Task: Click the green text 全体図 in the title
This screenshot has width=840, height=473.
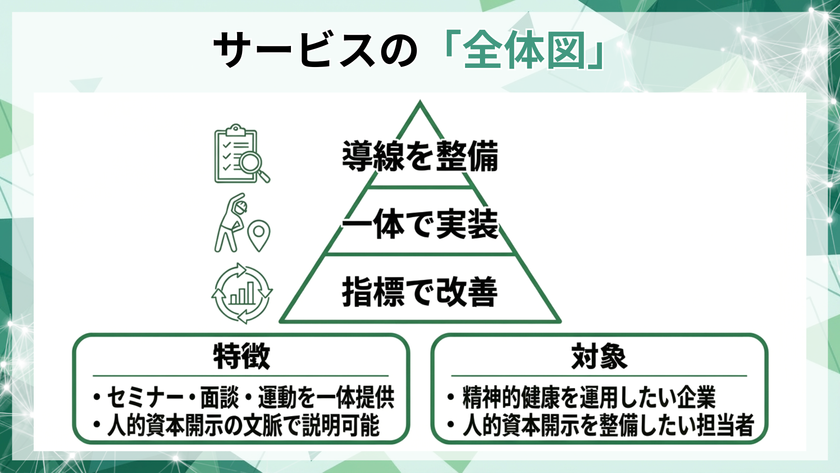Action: [524, 50]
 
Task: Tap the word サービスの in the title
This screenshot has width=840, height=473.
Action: [315, 50]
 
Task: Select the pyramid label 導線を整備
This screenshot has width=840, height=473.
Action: [420, 156]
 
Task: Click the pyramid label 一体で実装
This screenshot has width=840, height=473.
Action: [420, 224]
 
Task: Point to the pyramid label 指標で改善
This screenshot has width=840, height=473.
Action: [420, 292]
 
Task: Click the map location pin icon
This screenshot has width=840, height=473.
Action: [259, 236]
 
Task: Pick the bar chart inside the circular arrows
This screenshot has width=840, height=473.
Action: [242, 293]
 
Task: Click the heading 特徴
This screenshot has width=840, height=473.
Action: [241, 357]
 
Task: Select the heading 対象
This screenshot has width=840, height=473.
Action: [599, 357]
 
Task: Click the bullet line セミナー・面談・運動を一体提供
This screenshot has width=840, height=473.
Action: [250, 397]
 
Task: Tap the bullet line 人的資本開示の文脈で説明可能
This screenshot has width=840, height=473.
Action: [243, 425]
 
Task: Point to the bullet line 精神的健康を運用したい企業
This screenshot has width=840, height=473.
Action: [588, 397]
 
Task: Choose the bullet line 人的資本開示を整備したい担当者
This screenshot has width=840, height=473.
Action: [608, 425]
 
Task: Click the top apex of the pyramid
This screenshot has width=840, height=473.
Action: [420, 103]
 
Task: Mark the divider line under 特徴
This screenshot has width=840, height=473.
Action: [241, 376]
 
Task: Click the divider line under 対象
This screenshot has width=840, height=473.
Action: [599, 376]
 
